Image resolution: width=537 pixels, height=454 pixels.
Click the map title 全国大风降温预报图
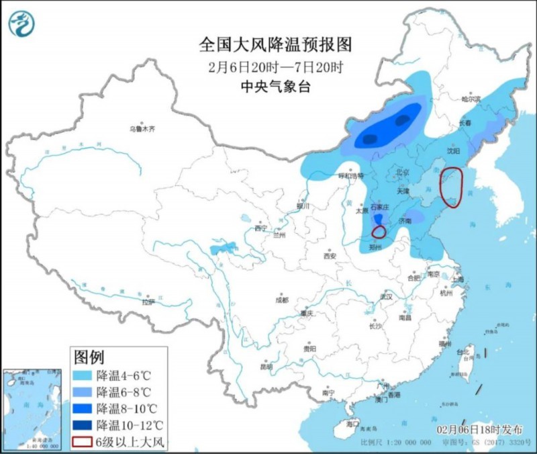[x=275, y=45]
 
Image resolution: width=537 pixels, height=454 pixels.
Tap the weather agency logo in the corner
[x=22, y=24]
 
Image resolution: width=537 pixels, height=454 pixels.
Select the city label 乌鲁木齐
[x=142, y=128]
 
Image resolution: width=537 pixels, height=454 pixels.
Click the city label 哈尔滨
[x=471, y=99]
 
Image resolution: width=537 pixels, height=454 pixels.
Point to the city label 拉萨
[x=148, y=302]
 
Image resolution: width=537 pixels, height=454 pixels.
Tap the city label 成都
[x=281, y=300]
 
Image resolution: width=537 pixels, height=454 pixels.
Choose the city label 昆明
[x=266, y=367]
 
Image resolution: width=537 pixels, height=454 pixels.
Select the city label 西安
[x=329, y=256]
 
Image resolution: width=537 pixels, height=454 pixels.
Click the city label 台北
[x=463, y=352]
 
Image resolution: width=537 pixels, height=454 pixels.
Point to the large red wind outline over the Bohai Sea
[x=452, y=186]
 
